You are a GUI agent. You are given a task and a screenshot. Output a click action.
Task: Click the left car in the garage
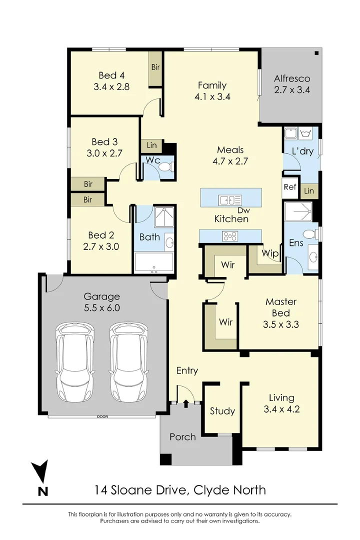point(75,361)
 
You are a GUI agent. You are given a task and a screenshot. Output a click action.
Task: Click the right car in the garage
point(129,361)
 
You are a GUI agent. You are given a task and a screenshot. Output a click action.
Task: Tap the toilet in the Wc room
point(166,167)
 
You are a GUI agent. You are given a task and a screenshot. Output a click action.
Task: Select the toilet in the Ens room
point(312,234)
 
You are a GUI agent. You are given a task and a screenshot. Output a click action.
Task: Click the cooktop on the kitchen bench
point(230,236)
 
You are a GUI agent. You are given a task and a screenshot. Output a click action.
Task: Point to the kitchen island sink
point(230,199)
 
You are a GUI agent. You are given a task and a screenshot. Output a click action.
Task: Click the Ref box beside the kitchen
point(290,187)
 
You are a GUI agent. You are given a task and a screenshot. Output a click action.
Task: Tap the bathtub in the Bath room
point(153,263)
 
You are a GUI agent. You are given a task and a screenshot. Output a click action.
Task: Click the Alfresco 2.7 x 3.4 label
point(292,84)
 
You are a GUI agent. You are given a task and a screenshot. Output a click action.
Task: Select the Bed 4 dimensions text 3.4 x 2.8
point(111,87)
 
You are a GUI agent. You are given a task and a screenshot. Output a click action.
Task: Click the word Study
point(222,411)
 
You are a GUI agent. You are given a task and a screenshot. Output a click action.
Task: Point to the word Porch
point(182,437)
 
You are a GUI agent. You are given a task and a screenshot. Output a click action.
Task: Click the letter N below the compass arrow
point(42,491)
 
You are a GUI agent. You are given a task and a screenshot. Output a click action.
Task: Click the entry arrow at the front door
point(186,403)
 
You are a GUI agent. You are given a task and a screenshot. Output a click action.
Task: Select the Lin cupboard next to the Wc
point(151,145)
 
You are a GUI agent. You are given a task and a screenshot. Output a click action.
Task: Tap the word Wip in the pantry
point(270,253)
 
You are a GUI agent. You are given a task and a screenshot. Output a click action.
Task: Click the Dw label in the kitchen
point(244,210)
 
